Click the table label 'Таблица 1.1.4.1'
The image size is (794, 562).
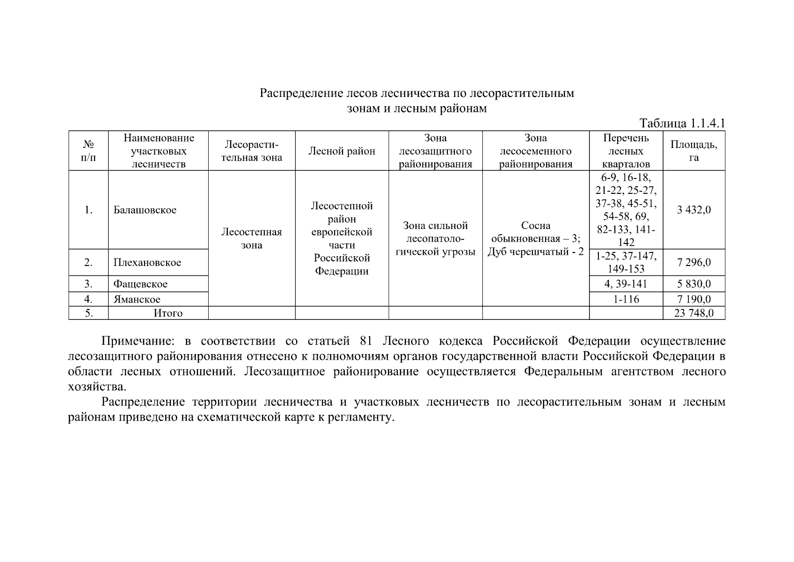[682, 123]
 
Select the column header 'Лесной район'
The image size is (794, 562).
[342, 151]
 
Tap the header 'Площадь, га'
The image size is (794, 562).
[693, 151]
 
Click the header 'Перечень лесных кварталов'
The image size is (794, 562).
[626, 151]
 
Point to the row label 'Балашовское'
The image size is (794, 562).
[145, 210]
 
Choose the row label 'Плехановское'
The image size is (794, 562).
[147, 262]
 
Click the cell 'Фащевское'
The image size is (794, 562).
[140, 284]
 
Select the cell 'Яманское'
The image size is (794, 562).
[137, 299]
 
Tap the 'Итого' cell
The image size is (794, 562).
[168, 313]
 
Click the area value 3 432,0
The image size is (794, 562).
[693, 210]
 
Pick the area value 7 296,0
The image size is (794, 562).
[693, 262]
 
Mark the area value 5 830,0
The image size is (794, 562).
[693, 284]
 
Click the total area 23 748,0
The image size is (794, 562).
[693, 313]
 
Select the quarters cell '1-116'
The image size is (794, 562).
[626, 299]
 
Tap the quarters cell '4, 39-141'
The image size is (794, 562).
[626, 284]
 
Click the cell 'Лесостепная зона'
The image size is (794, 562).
[251, 239]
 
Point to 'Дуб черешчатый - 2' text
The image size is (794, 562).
[536, 252]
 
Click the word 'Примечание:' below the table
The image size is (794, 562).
[139, 341]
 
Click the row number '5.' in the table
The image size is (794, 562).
[88, 313]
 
